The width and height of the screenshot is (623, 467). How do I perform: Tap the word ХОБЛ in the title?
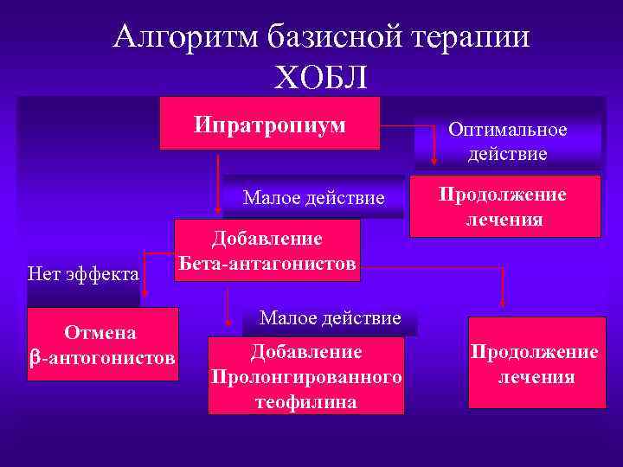pyautogui.click(x=320, y=78)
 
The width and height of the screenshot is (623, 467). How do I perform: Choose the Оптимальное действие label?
pyautogui.click(x=507, y=142)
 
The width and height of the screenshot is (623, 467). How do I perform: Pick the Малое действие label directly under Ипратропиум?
pyautogui.click(x=313, y=198)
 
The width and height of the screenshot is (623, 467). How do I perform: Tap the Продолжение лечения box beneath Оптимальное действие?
pyautogui.click(x=504, y=207)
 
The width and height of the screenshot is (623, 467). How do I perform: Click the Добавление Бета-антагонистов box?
pyautogui.click(x=267, y=251)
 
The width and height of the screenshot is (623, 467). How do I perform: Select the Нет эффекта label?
pyautogui.click(x=83, y=274)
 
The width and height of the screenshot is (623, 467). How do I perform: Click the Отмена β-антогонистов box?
pyautogui.click(x=103, y=344)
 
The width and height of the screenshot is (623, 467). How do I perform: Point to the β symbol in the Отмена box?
pyautogui.click(x=35, y=357)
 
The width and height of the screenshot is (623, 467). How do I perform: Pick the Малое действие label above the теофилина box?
pyautogui.click(x=330, y=318)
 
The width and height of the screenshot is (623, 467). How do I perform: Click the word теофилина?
pyautogui.click(x=306, y=401)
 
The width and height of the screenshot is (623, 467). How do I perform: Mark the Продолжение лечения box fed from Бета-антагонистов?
pyautogui.click(x=533, y=363)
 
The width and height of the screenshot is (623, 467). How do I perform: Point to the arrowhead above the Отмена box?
pyautogui.click(x=145, y=294)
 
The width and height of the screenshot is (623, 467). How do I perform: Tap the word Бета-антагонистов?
pyautogui.click(x=267, y=263)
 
